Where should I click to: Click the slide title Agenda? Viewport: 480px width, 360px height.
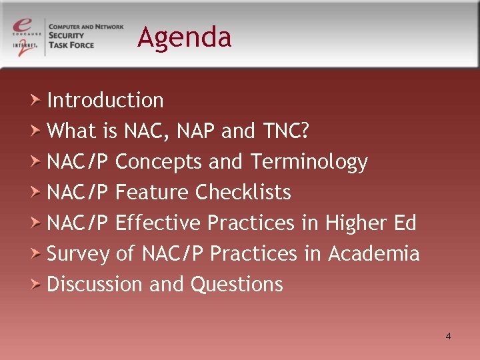pyautogui.click(x=185, y=37)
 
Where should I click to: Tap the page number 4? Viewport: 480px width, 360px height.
pyautogui.click(x=448, y=336)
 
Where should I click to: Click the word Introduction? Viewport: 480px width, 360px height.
pyautogui.click(x=105, y=100)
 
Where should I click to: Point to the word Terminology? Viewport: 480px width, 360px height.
pyautogui.click(x=309, y=162)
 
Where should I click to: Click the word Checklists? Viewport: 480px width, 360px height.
pyautogui.click(x=243, y=193)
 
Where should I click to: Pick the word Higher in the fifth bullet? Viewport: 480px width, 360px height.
pyautogui.click(x=353, y=223)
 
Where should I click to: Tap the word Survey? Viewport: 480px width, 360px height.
pyautogui.click(x=78, y=253)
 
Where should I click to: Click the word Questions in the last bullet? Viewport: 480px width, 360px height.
pyautogui.click(x=237, y=284)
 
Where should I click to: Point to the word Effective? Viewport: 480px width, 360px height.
pyautogui.click(x=158, y=223)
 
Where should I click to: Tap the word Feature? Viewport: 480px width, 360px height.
pyautogui.click(x=153, y=193)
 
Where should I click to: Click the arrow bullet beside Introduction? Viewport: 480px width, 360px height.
pyautogui.click(x=37, y=100)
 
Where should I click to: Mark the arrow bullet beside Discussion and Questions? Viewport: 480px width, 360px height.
pyautogui.click(x=37, y=284)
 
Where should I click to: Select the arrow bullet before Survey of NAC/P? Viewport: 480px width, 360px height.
pyautogui.click(x=37, y=253)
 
